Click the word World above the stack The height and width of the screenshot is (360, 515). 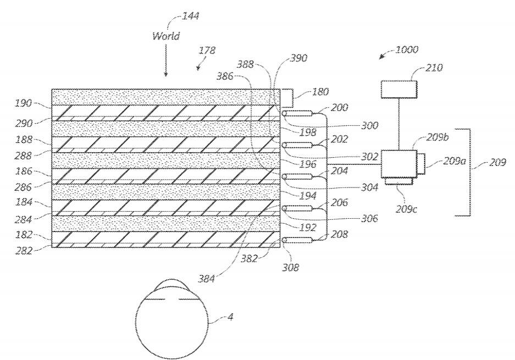[166, 36]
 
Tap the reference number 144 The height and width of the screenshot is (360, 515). [190, 16]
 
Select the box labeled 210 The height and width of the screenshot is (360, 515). [399, 90]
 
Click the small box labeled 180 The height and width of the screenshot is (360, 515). [286, 98]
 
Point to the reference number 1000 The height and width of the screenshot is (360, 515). [407, 49]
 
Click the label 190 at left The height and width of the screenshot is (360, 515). [23, 103]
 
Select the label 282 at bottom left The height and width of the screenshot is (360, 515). [24, 251]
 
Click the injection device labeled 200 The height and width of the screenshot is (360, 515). [297, 114]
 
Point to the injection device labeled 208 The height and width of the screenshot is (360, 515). [297, 240]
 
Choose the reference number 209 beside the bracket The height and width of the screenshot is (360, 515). [497, 162]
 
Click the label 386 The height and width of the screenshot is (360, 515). [225, 76]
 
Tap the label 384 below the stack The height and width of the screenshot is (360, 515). [206, 279]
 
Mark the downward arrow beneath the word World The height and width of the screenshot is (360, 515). [166, 60]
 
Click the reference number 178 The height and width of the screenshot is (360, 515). [207, 50]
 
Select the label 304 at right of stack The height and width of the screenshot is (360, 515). [370, 187]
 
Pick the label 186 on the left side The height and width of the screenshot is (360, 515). [24, 171]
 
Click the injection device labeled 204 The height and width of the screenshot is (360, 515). [297, 177]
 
